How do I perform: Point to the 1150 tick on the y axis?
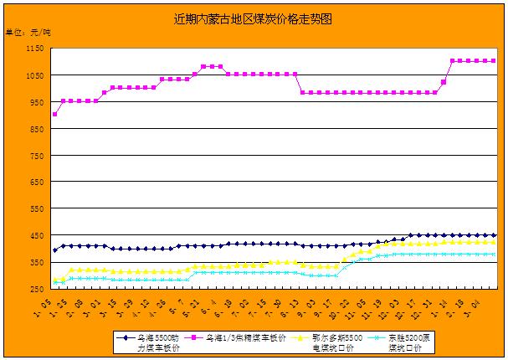pos(33,49)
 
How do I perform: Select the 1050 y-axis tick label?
pos(33,76)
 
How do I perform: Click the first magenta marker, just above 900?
pos(55,114)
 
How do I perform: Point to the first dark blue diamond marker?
pos(55,249)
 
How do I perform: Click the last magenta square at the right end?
pos(494,61)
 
